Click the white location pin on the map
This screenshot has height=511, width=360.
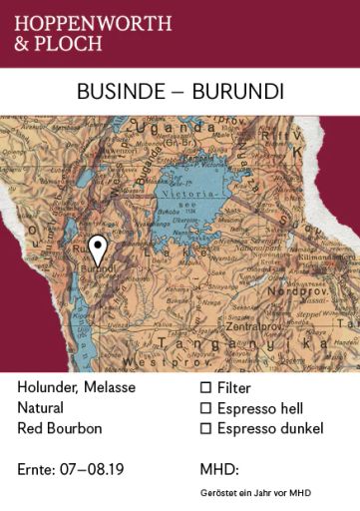click(x=97, y=250)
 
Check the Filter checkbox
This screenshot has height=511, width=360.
click(x=206, y=387)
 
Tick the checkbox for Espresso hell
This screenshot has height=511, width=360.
click(x=206, y=408)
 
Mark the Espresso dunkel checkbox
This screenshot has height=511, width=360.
click(x=206, y=429)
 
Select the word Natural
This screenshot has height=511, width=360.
click(x=40, y=408)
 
